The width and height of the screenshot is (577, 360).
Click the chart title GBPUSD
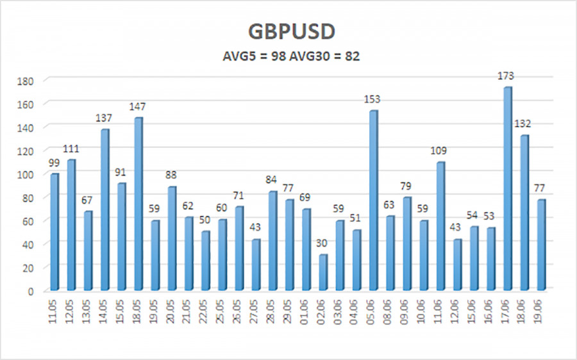(292, 31)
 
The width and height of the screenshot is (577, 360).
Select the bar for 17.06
(508, 188)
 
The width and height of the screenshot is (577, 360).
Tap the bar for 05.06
(374, 200)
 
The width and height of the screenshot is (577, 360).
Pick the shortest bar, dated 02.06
(323, 272)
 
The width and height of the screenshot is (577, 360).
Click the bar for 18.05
(138, 204)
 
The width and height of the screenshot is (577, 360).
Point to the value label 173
(506, 76)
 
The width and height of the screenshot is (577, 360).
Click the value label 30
(321, 243)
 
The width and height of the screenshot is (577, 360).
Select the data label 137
(104, 118)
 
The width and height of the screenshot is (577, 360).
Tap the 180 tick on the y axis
(26, 81)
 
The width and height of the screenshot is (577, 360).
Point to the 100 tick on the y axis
(26, 175)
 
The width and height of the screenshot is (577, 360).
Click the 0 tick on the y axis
(31, 291)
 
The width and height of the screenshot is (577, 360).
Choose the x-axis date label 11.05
(54, 311)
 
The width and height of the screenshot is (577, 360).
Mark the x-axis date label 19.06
(540, 311)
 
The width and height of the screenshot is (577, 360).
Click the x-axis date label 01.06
(305, 311)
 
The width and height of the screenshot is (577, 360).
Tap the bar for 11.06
(441, 226)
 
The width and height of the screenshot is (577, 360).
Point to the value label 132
(523, 124)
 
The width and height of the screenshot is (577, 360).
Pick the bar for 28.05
(272, 241)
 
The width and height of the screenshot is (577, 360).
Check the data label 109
(439, 151)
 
